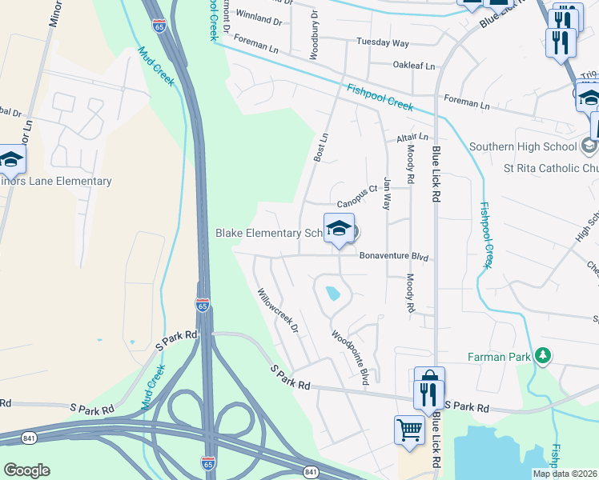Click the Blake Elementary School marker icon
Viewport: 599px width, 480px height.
coord(339,230)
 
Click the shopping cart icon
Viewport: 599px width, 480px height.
coord(409,430)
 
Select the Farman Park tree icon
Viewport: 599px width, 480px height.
coord(544,354)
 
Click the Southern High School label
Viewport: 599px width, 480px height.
coord(523,146)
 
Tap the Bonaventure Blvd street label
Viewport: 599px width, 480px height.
coord(394,258)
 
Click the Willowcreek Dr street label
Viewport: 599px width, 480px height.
coord(277,311)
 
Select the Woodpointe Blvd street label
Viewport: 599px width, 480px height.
coord(352,356)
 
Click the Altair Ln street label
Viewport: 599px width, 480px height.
coord(413,138)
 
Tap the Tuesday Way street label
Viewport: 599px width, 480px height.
coord(383,42)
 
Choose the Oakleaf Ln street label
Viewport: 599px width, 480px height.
coord(413,66)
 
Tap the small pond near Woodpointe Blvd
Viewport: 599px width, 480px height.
coord(332,294)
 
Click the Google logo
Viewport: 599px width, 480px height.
coord(27,470)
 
